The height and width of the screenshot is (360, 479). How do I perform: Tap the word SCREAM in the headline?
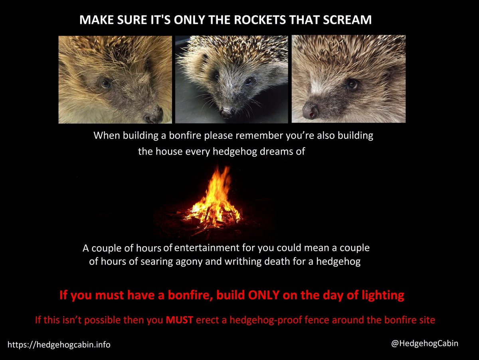pyautogui.click(x=348, y=20)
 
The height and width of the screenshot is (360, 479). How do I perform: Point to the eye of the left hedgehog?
pyautogui.click(x=105, y=83)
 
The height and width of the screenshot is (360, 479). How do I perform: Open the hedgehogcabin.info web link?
pyautogui.click(x=59, y=344)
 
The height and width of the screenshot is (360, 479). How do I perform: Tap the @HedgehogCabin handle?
pyautogui.click(x=425, y=343)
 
